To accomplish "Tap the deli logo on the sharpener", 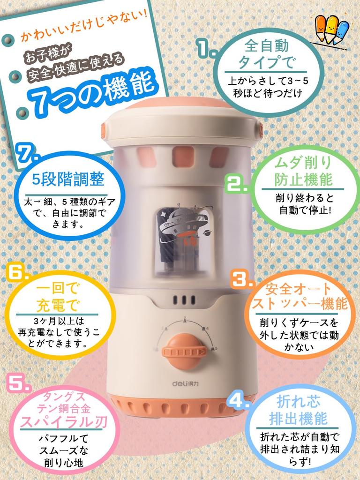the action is coord(185,383).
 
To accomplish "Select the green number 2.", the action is coord(237,184).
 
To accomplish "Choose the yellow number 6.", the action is coord(17,272).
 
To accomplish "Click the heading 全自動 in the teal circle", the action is coord(267,46).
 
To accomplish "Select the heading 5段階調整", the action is coord(68,180).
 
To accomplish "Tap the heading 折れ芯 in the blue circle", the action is coord(298,402).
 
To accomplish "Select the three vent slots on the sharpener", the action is coord(184,300).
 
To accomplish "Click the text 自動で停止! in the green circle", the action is coord(305,210).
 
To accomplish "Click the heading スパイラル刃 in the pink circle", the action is coord(63,422).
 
